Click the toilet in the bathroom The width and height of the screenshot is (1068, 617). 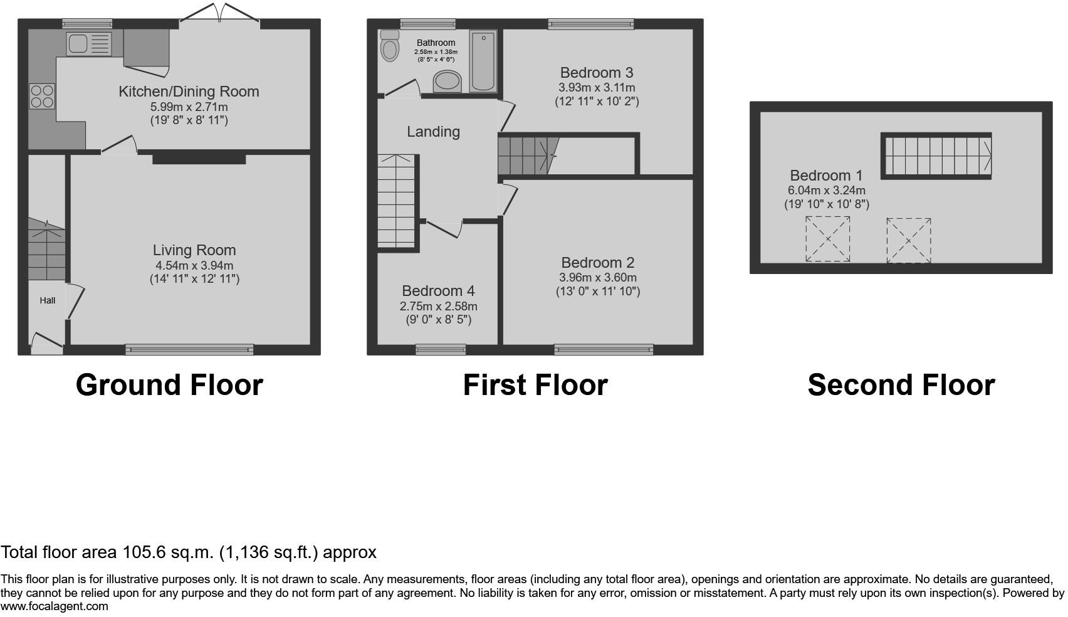click(x=390, y=46)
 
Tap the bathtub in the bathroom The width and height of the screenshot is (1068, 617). click(x=483, y=61)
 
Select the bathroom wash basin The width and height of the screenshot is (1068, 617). click(x=448, y=82)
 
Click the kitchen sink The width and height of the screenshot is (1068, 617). click(x=88, y=44)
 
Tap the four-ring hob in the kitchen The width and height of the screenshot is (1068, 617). click(x=42, y=97)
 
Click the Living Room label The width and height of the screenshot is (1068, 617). click(x=194, y=250)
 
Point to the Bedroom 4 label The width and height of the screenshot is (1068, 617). click(x=438, y=290)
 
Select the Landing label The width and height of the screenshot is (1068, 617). click(x=433, y=132)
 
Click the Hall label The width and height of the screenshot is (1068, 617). click(x=47, y=300)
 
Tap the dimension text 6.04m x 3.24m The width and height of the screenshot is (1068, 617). click(x=826, y=190)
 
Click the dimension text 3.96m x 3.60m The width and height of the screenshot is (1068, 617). click(x=598, y=278)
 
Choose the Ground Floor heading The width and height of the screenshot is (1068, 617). click(x=169, y=385)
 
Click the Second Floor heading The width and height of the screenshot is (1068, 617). click(x=901, y=385)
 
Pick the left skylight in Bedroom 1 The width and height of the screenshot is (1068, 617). click(x=828, y=239)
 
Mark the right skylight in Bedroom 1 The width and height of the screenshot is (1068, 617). click(x=909, y=240)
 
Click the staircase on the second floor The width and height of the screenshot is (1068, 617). click(x=936, y=156)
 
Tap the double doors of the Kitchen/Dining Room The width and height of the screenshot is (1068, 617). click(x=220, y=13)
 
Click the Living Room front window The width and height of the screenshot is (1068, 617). click(x=189, y=350)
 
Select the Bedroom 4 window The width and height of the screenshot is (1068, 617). click(x=441, y=350)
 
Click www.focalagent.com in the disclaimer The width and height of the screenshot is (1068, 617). click(x=55, y=606)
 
